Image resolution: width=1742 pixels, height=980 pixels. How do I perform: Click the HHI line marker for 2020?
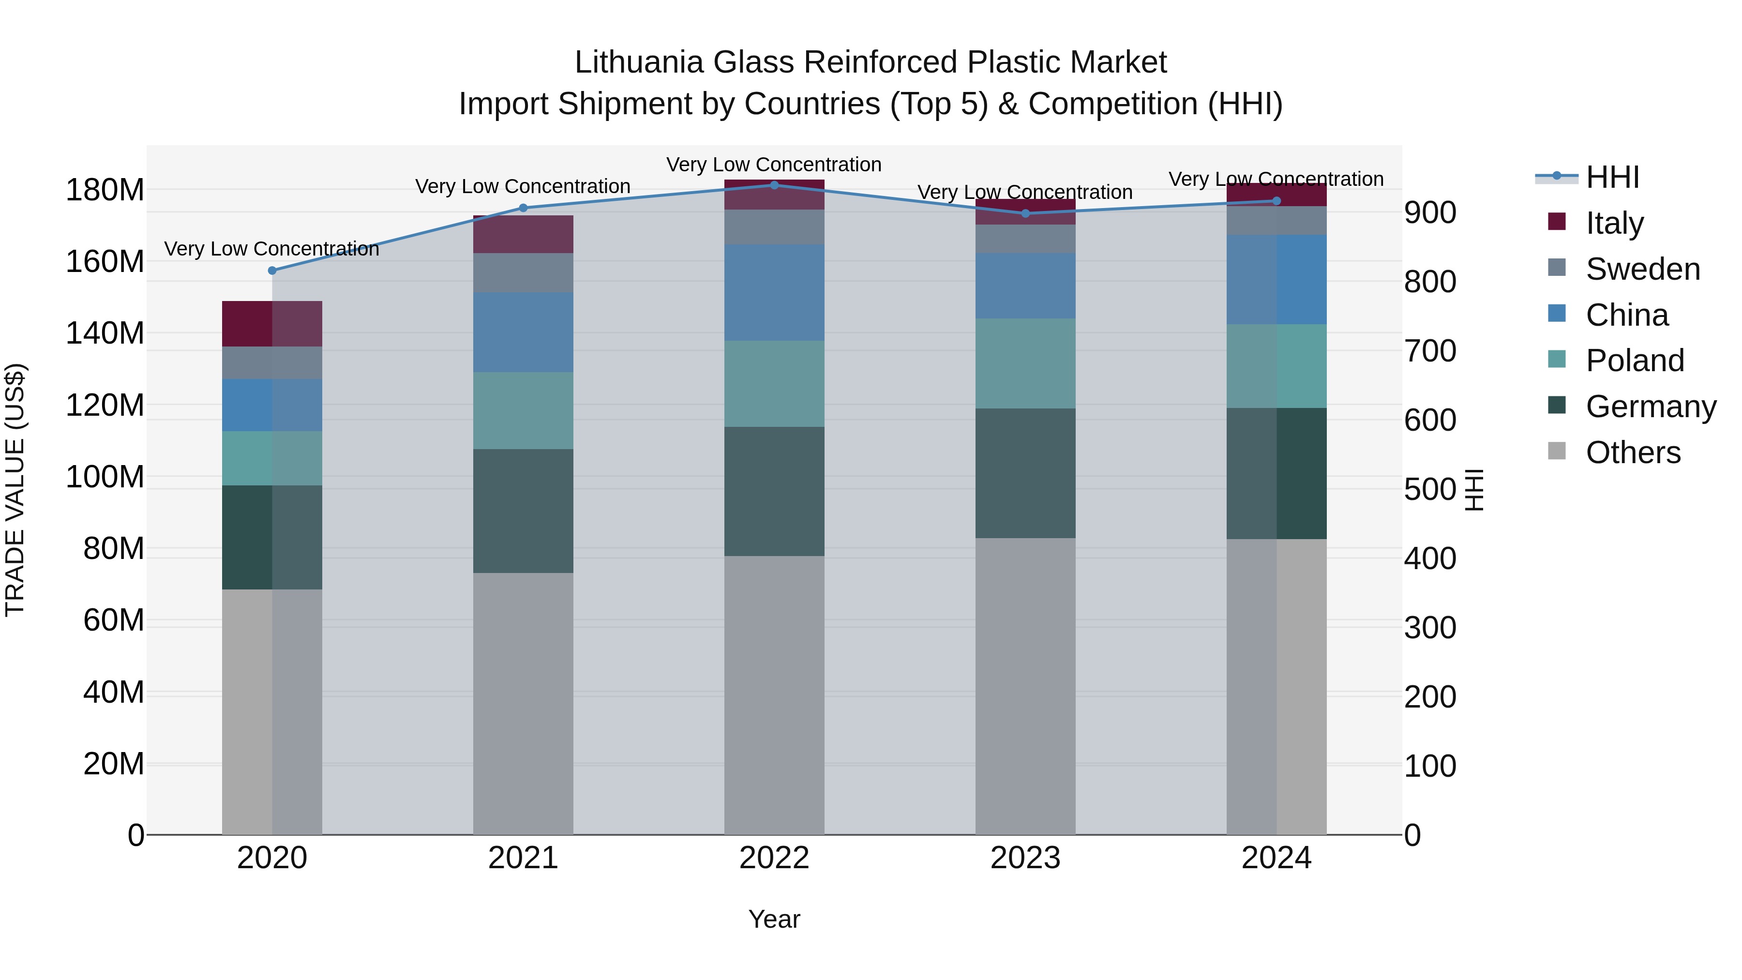pos(272,271)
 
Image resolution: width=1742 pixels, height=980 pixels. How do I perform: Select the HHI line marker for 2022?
pos(774,185)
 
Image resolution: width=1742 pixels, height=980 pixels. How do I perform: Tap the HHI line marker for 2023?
pos(1025,214)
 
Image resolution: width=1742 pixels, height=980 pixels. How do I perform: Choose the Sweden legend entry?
pos(1642,269)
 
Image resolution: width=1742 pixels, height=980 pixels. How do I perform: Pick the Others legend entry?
pos(1633,452)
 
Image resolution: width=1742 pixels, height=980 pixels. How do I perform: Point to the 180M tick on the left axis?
pos(105,190)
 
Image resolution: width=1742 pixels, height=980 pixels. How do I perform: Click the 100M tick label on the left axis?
pos(105,477)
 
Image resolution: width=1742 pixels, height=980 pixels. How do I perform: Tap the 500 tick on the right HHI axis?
pos(1429,490)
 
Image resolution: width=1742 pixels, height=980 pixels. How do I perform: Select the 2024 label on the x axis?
pos(1276,858)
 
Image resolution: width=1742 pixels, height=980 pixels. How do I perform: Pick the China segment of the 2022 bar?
pos(774,292)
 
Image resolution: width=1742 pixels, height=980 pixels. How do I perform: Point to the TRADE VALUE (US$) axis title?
pos(15,490)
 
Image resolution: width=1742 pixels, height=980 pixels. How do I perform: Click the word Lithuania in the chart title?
pos(638,62)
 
